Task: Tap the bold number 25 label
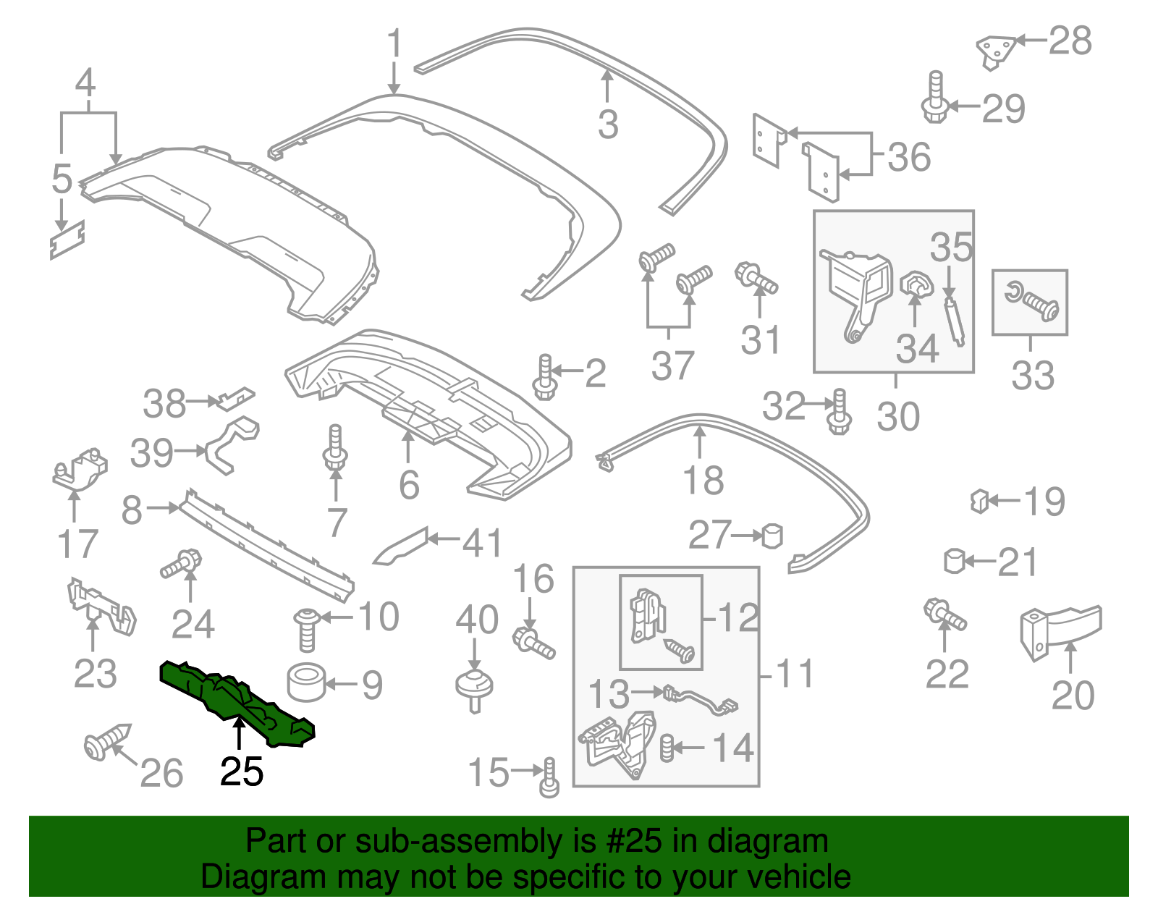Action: pos(242,772)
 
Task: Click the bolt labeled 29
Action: pos(935,98)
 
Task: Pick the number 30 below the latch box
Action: pos(898,416)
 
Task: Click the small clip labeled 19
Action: pos(979,500)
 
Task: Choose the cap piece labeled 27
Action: pos(773,536)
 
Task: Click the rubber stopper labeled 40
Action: pos(474,688)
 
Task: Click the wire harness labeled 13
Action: pos(702,699)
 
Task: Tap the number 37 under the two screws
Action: pos(672,366)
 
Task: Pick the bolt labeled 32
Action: pos(839,412)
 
